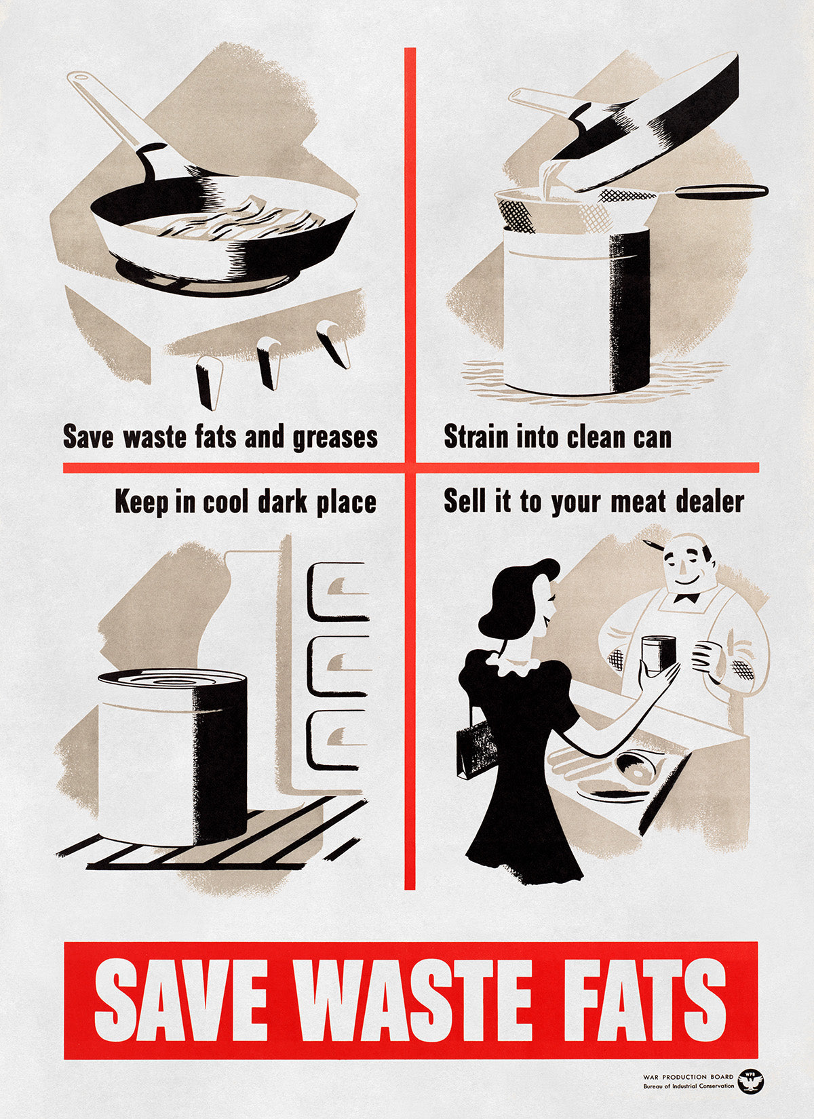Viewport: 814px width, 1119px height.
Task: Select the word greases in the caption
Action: (x=335, y=438)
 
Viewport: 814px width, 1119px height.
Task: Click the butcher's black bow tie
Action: (x=686, y=597)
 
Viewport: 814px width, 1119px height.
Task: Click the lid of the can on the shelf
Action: (x=172, y=679)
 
